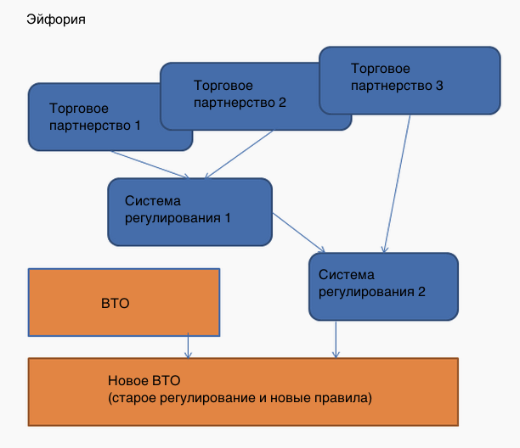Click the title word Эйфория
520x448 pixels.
56,18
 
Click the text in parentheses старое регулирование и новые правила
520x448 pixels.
240,397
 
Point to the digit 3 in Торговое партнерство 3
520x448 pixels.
439,85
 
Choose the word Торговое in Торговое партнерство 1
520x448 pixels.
79,109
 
